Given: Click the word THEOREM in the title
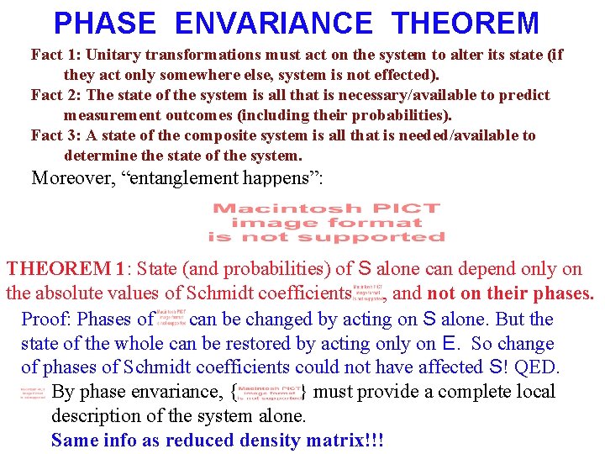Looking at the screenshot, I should [466, 23].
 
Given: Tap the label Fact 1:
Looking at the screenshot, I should [56, 55].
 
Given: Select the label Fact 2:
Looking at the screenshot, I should [56, 95].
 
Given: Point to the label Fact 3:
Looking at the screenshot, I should [56, 135].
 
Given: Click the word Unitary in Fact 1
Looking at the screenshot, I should [115, 55].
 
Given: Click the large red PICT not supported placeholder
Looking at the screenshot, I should [327, 223].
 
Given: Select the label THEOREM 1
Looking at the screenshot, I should [66, 269].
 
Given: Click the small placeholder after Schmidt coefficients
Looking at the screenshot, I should [369, 291].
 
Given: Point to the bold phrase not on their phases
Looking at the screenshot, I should [511, 294].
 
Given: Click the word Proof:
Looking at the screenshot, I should [44, 319].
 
